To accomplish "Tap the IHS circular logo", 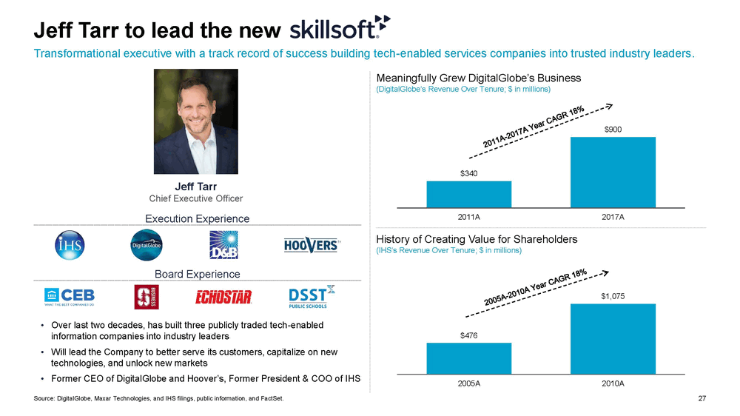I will [x=71, y=245].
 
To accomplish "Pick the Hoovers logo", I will [x=312, y=245].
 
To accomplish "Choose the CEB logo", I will [x=70, y=297].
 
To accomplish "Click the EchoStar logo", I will [x=223, y=298].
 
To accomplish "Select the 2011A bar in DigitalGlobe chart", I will [x=468, y=194].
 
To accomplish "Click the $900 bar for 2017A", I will [x=613, y=172].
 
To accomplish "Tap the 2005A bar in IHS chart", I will [x=468, y=359].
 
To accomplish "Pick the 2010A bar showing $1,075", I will [x=613, y=339].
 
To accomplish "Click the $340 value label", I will [x=468, y=174].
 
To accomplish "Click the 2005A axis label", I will [x=468, y=384].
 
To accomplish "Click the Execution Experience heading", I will [x=196, y=218].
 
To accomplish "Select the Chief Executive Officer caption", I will [x=196, y=198].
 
